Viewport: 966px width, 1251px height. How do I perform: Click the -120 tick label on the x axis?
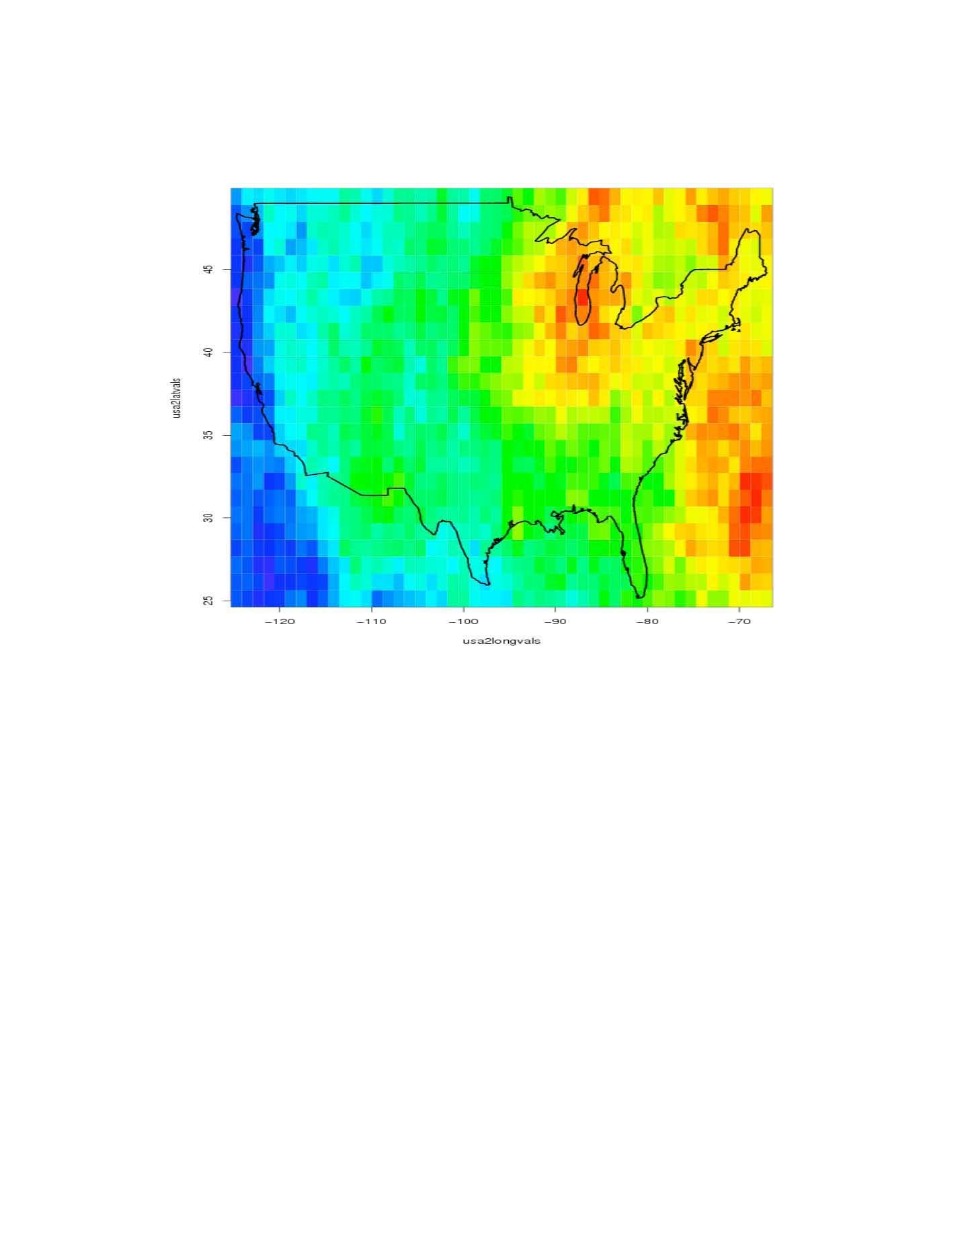point(280,621)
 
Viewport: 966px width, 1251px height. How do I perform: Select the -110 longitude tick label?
point(372,621)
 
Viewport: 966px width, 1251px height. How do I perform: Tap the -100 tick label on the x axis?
point(464,621)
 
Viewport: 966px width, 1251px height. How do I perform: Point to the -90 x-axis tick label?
point(555,621)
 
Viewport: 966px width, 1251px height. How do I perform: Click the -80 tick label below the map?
point(647,621)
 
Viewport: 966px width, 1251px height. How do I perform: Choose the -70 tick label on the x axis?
point(739,621)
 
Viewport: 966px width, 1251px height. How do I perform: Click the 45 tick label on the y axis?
point(208,269)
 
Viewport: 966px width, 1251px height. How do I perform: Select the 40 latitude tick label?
point(208,352)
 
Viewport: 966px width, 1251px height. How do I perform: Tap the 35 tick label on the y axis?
point(208,434)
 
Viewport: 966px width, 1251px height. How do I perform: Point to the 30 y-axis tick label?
point(208,517)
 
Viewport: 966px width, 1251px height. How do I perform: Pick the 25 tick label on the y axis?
point(208,600)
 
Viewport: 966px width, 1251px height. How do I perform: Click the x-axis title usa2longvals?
point(501,641)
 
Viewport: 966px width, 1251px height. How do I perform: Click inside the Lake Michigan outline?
point(582,299)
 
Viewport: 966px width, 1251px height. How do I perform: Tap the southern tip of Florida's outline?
point(640,596)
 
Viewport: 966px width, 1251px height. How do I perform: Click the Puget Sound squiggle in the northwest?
point(255,222)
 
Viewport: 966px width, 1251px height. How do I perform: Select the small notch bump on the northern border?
point(510,199)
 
